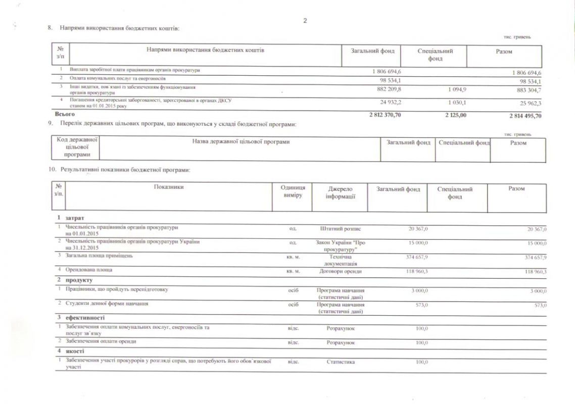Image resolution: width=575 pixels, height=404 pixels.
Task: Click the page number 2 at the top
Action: [x=305, y=21]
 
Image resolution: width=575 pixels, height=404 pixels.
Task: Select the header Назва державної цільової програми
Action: [x=241, y=142]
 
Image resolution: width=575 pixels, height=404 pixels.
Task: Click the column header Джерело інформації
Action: [x=340, y=192]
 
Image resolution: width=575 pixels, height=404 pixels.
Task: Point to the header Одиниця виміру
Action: [x=293, y=191]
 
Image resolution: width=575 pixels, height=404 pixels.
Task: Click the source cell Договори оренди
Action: [x=341, y=271]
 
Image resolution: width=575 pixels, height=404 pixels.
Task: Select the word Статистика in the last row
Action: [x=341, y=362]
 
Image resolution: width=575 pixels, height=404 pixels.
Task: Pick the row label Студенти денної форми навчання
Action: [x=107, y=304]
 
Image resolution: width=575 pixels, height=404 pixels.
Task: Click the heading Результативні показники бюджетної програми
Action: [x=125, y=170]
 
